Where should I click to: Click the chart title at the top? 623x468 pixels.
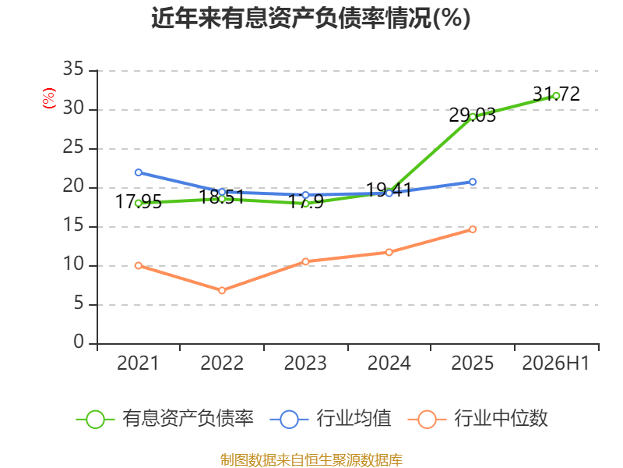pyautogui.click(x=311, y=18)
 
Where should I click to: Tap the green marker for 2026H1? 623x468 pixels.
pyautogui.click(x=556, y=96)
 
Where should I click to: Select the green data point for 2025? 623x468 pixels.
pyautogui.click(x=473, y=117)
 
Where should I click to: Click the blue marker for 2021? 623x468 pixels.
pyautogui.click(x=139, y=172)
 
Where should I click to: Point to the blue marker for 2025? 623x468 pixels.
pyautogui.click(x=473, y=182)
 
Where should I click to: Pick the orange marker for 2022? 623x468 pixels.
pyautogui.click(x=222, y=290)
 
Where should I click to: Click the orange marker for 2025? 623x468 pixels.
pyautogui.click(x=473, y=229)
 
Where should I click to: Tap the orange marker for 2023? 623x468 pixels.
pyautogui.click(x=305, y=261)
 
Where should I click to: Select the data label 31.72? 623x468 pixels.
pyautogui.click(x=556, y=94)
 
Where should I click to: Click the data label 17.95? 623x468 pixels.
pyautogui.click(x=139, y=201)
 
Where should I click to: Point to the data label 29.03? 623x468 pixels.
pyautogui.click(x=473, y=115)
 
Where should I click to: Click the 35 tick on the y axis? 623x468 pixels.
pyautogui.click(x=73, y=69)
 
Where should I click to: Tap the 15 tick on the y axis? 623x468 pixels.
pyautogui.click(x=73, y=225)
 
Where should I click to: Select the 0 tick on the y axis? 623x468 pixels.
pyautogui.click(x=79, y=342)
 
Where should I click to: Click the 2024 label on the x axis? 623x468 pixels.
pyautogui.click(x=389, y=363)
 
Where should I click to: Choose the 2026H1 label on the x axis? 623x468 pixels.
pyautogui.click(x=555, y=363)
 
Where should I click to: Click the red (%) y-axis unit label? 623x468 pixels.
pyautogui.click(x=48, y=98)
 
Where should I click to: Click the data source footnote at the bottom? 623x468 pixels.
pyautogui.click(x=311, y=460)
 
